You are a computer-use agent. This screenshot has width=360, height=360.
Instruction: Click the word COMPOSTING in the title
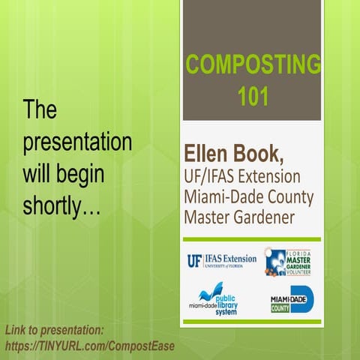pyautogui.click(x=251, y=65)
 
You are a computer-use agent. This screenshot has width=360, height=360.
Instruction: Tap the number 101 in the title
pyautogui.click(x=252, y=95)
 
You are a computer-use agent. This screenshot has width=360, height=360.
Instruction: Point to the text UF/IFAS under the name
pyautogui.click(x=209, y=178)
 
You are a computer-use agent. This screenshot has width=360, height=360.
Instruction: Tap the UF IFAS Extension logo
pyautogui.click(x=221, y=259)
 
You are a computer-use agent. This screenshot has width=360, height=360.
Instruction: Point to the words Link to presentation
pyautogui.click(x=54, y=330)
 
